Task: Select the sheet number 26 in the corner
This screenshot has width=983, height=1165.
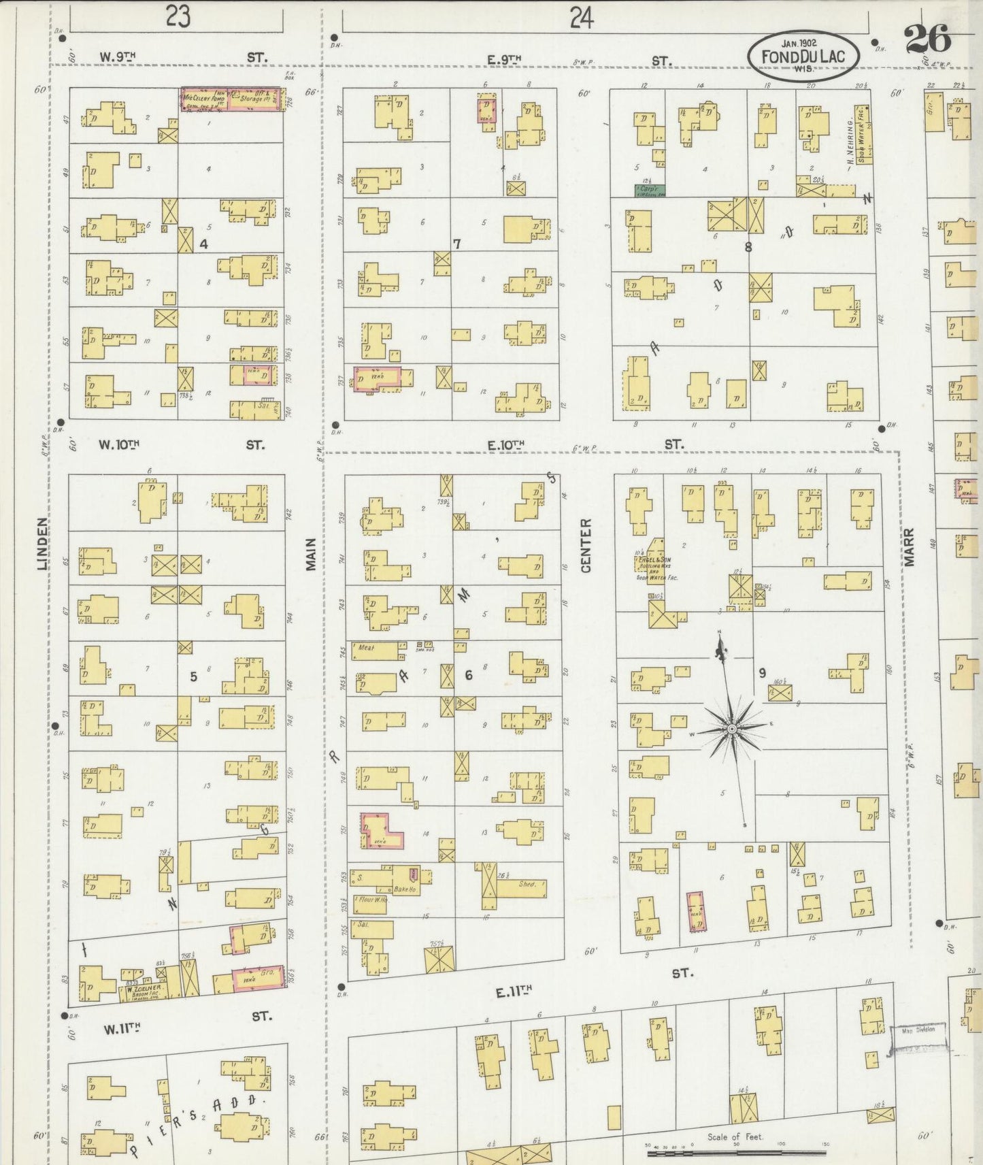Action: (927, 39)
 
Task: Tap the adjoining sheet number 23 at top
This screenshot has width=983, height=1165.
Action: (177, 16)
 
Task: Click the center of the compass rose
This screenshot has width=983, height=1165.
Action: (732, 729)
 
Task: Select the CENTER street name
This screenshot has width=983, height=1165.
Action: (587, 546)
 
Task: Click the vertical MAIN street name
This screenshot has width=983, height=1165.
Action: (312, 554)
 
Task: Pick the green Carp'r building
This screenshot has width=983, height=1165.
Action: (650, 189)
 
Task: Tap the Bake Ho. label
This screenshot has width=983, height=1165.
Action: (405, 889)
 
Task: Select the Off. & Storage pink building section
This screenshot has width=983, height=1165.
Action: (254, 99)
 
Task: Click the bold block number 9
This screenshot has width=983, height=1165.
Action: (763, 672)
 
